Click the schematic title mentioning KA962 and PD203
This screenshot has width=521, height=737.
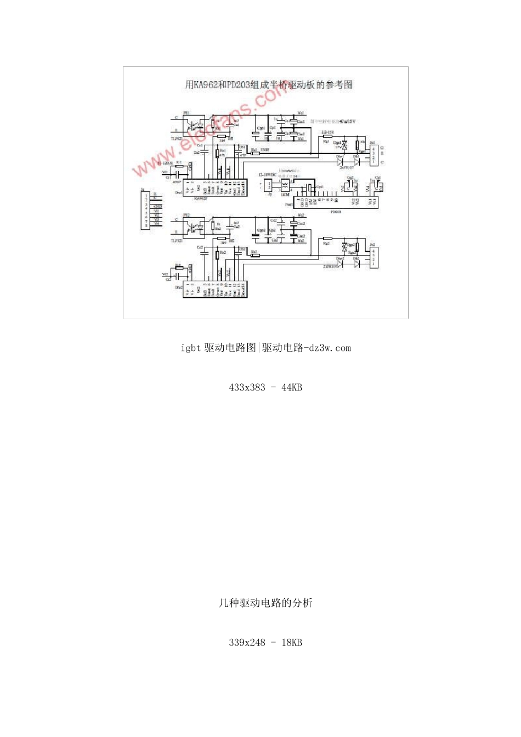(x=268, y=85)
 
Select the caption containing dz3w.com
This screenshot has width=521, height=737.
(x=265, y=348)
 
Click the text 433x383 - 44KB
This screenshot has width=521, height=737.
(x=265, y=387)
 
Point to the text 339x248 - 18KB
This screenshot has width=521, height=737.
(x=265, y=643)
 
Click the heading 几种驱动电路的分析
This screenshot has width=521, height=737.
(x=265, y=603)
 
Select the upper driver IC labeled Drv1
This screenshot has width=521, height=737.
(x=214, y=188)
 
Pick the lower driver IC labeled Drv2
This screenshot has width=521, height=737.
(x=214, y=289)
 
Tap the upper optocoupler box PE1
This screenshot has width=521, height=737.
(x=194, y=125)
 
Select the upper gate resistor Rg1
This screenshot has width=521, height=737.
(x=327, y=137)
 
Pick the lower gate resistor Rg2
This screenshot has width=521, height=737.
(x=327, y=239)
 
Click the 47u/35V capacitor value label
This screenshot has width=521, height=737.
(x=347, y=121)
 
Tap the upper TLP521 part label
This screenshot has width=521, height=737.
(x=177, y=139)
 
